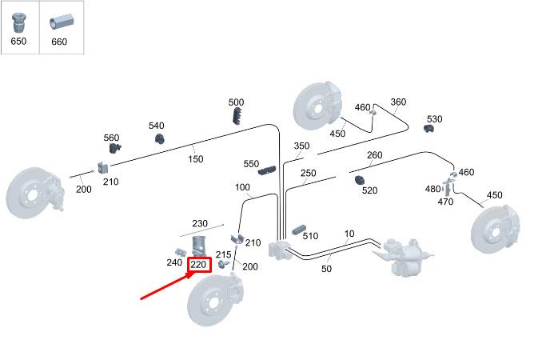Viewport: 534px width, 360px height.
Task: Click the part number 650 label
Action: [x=18, y=42]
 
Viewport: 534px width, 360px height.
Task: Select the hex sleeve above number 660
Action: [x=62, y=22]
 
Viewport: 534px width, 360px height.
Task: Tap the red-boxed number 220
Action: [x=199, y=265]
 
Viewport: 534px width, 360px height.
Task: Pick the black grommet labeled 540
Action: [x=160, y=138]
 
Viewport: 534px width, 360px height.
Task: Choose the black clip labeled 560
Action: [x=114, y=148]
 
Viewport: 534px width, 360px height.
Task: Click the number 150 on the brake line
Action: [x=196, y=159]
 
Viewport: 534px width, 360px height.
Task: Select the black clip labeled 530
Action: [x=428, y=129]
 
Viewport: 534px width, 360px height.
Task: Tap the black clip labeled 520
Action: [x=359, y=180]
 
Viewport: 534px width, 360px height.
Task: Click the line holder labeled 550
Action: [x=267, y=170]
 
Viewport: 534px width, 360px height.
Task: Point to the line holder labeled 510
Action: [x=299, y=230]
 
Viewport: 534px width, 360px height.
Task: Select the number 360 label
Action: [x=398, y=102]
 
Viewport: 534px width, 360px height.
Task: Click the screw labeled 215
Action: [x=223, y=264]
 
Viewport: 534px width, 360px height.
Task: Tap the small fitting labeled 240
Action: [x=181, y=253]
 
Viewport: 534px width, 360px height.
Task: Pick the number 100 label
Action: [x=242, y=187]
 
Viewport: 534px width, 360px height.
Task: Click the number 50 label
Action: [x=326, y=269]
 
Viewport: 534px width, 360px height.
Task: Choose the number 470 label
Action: [x=445, y=202]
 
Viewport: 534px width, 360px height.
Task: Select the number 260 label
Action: [x=375, y=155]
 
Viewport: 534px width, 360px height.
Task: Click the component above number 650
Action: [x=18, y=22]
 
